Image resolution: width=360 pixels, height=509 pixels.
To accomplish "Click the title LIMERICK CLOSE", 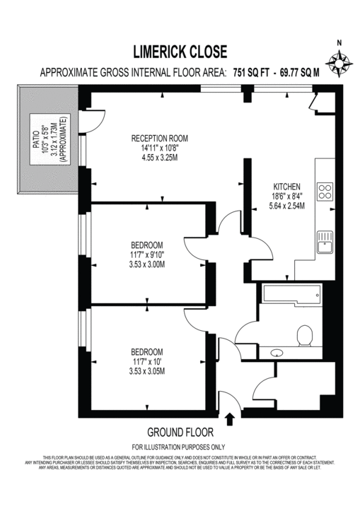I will (x=180, y=51).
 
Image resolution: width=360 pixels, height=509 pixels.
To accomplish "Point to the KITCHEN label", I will (x=287, y=187).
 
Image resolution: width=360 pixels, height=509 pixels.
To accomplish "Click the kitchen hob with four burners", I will (x=326, y=191).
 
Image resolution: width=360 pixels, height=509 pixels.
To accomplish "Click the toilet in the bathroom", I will (x=306, y=334).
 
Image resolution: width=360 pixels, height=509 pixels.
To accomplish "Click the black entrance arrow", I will (x=229, y=419).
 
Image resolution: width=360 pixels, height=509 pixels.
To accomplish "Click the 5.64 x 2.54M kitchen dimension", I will (x=287, y=207).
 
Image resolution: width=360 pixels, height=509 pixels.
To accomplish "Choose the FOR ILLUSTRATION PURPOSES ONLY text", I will (x=178, y=447).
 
